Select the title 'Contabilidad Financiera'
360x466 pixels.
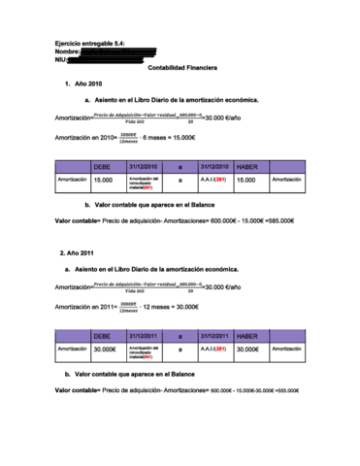181,68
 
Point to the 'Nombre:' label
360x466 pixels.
69,52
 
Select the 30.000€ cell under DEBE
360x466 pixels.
105,349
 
